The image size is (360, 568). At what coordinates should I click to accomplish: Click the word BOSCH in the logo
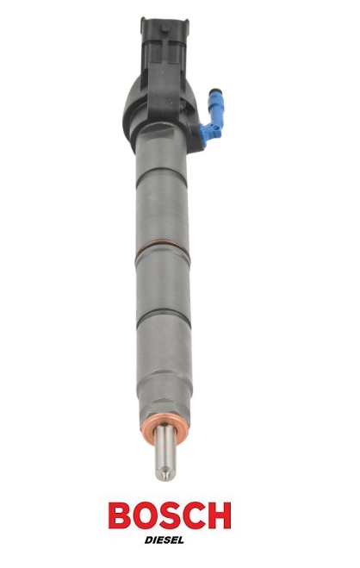coord(170,515)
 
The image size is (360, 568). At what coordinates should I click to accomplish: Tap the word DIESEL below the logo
coord(164,540)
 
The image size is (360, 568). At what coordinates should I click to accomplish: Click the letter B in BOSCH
coord(120,515)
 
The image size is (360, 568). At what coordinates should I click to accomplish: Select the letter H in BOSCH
coord(220,515)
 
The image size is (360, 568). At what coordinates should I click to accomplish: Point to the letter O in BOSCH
coord(145,515)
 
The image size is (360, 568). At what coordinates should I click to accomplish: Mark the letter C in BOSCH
coord(194,515)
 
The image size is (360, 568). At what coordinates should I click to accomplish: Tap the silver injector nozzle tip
coord(164,453)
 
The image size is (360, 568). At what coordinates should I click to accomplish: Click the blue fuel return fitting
coord(213,115)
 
